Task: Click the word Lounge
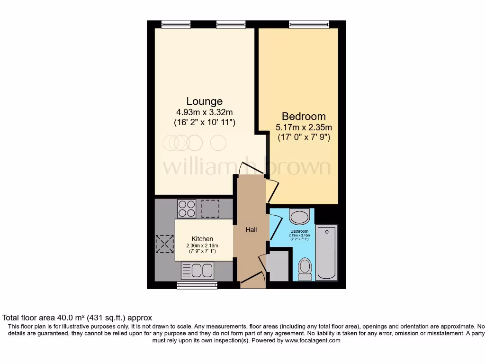click(x=204, y=101)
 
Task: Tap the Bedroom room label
click(x=304, y=116)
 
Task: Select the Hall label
click(x=251, y=230)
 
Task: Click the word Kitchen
click(x=202, y=239)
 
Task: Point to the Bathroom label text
click(x=299, y=231)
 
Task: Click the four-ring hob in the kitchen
click(x=187, y=208)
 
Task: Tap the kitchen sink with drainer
click(x=198, y=271)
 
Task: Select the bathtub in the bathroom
click(x=326, y=253)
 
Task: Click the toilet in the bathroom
click(x=305, y=268)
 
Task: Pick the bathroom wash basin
click(x=299, y=217)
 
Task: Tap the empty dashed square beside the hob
click(x=210, y=208)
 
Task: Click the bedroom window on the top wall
click(x=309, y=24)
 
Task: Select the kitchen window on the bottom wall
click(x=198, y=285)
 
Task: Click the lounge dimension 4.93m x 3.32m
click(x=204, y=112)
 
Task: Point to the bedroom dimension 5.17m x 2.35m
click(x=304, y=127)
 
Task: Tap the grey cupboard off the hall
click(x=278, y=266)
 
